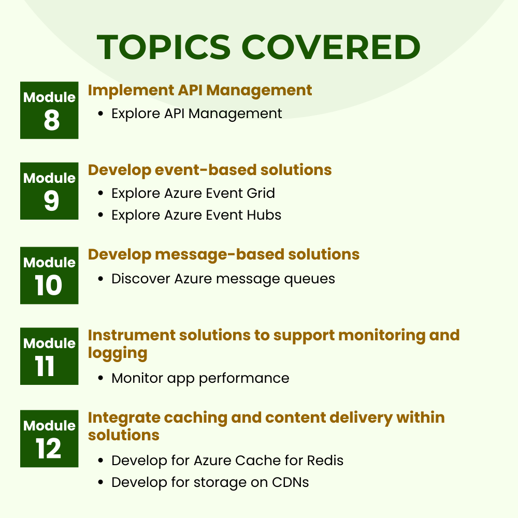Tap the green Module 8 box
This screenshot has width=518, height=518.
tap(49, 110)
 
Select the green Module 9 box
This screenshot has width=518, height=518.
tap(49, 191)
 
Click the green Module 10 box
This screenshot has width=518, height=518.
tap(49, 275)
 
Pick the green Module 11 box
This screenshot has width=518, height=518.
tap(49, 356)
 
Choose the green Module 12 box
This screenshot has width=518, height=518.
tap(49, 438)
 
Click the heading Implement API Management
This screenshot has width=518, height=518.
tap(200, 90)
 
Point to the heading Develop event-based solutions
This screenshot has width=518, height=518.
tap(210, 170)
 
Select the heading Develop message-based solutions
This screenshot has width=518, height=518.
tap(224, 254)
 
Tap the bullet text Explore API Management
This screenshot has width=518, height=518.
tap(197, 113)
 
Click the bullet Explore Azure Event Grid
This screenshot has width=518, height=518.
tap(193, 193)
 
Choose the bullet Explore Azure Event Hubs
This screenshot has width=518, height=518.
tap(196, 215)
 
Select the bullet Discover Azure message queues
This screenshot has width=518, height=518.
tap(223, 279)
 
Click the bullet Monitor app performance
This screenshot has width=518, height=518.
tap(200, 378)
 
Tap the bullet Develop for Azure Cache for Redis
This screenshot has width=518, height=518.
tap(227, 460)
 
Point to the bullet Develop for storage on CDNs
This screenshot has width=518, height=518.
tap(210, 482)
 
